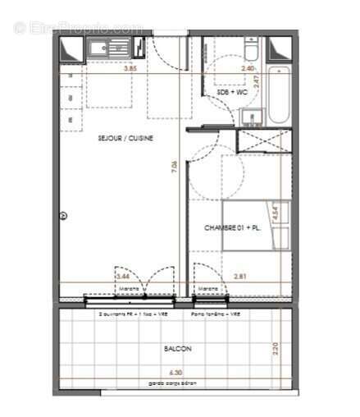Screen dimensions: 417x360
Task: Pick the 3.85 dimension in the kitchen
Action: [130, 70]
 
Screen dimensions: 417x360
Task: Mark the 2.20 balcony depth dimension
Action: [276, 349]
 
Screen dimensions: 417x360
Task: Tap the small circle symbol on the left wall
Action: [63, 216]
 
